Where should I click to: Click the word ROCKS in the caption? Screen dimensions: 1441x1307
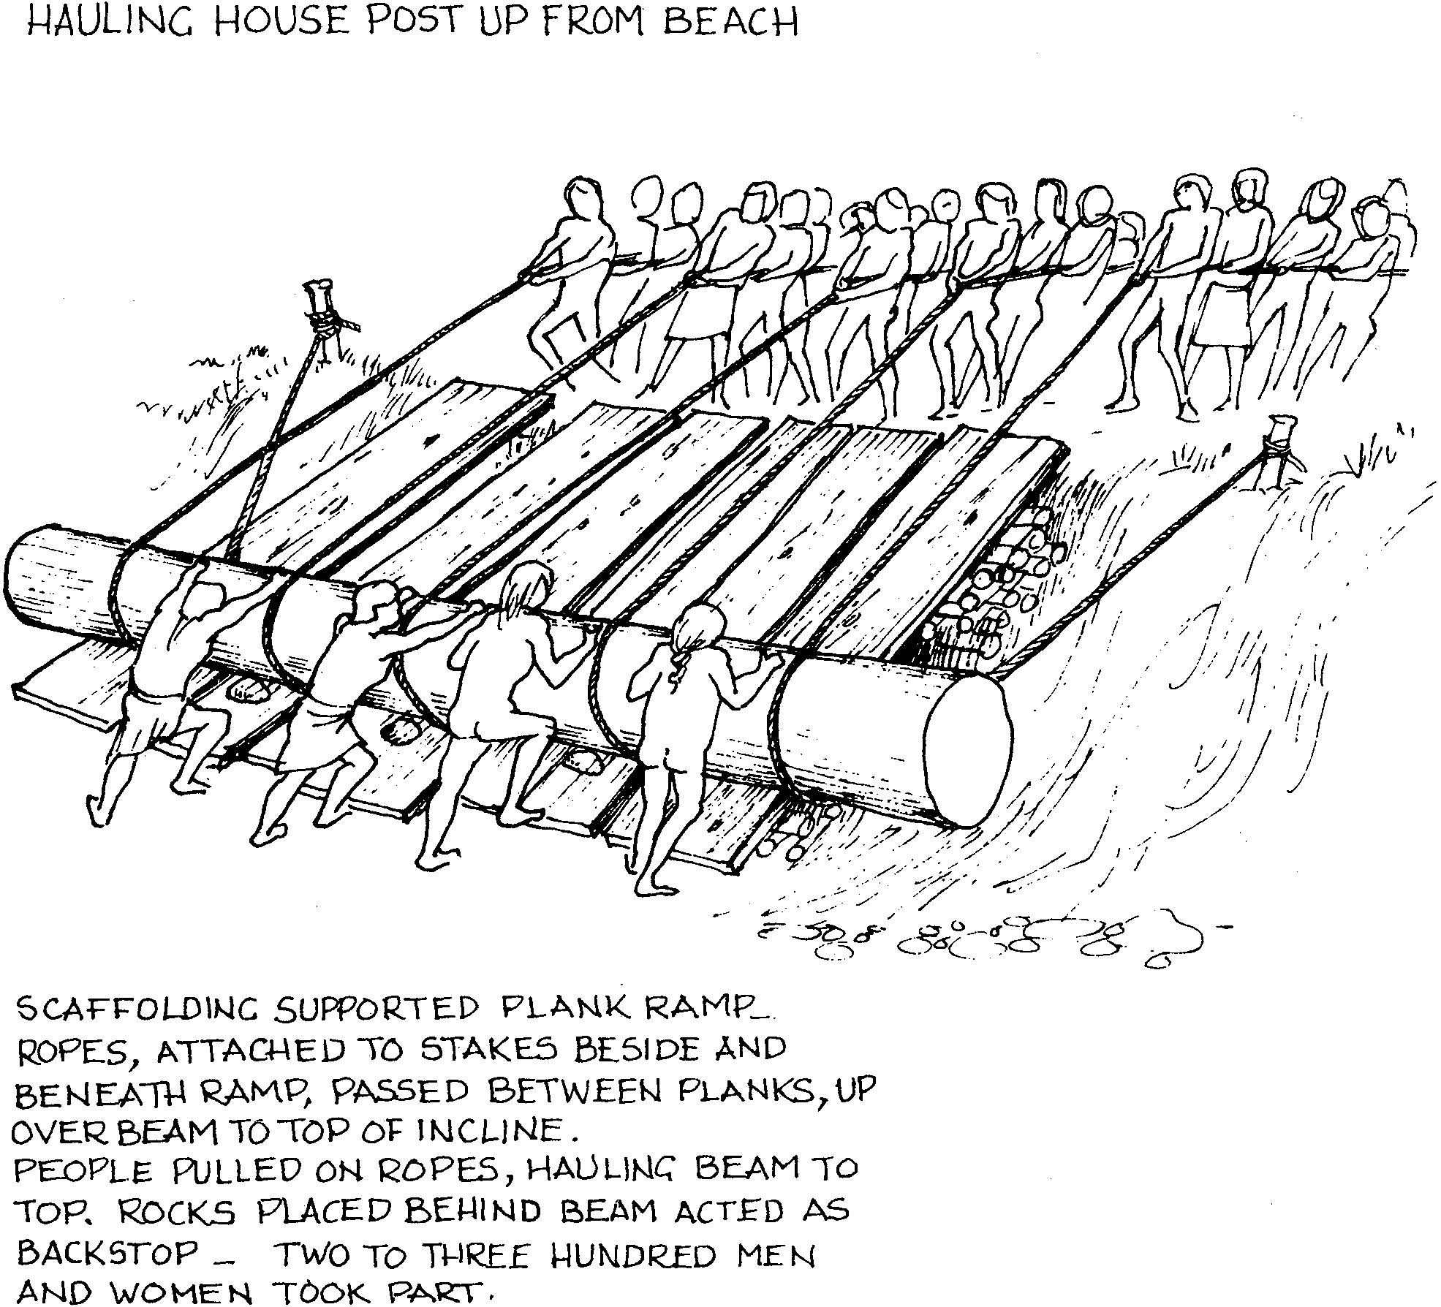tap(176, 1213)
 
